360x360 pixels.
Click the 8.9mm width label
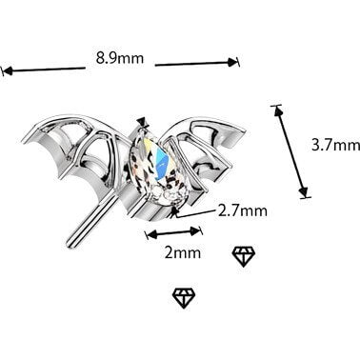(x=120, y=58)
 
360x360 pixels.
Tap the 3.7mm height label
(x=336, y=146)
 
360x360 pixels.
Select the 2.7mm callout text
(x=243, y=210)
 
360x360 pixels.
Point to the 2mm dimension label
(x=183, y=252)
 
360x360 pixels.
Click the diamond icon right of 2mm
(x=244, y=256)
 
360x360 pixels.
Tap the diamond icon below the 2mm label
(x=184, y=298)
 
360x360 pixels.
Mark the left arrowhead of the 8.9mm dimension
(x=7, y=70)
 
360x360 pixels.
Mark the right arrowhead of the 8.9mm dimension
(x=233, y=62)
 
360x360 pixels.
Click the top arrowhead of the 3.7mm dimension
(x=277, y=110)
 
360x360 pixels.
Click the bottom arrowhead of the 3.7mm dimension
(x=304, y=191)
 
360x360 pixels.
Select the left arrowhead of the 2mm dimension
(x=151, y=235)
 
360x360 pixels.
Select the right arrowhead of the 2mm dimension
(x=195, y=230)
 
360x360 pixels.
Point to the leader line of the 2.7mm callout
(x=195, y=213)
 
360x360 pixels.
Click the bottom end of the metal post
(x=70, y=244)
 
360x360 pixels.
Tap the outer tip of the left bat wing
(x=24, y=140)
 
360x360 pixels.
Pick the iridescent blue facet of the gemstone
(x=163, y=159)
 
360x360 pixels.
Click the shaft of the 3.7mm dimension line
(x=290, y=151)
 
